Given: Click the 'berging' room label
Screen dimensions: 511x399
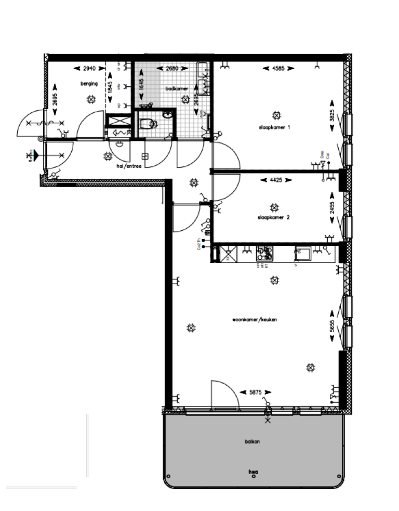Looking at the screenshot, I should (x=89, y=83).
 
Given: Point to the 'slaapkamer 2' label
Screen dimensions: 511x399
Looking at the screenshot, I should (x=273, y=218).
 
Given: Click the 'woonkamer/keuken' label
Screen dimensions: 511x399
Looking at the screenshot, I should (x=255, y=320).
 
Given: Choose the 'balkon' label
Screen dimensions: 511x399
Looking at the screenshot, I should (x=252, y=441).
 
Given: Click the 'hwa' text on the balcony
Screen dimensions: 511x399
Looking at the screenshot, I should (x=253, y=472).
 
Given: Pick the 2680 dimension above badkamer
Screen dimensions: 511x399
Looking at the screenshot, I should (x=172, y=68).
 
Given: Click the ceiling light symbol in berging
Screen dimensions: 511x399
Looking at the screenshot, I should (x=91, y=99).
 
